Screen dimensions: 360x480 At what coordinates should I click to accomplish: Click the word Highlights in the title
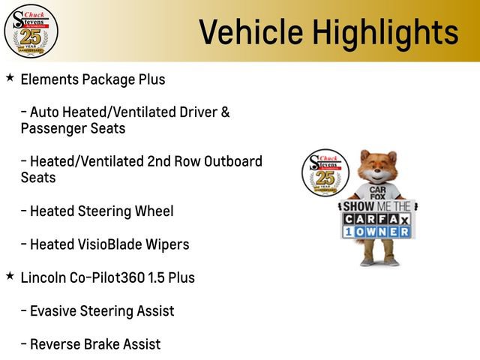tap(384, 32)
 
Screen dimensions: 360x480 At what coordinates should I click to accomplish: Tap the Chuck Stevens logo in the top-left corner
tap(31, 31)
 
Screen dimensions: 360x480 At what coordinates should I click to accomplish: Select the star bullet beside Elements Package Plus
tap(9, 77)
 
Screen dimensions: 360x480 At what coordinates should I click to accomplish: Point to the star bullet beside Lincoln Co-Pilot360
tap(9, 277)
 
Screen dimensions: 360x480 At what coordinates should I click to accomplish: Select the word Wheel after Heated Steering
tap(154, 211)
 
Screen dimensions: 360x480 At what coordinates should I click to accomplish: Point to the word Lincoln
tap(44, 277)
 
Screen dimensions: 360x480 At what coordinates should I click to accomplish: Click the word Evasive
tap(54, 310)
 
